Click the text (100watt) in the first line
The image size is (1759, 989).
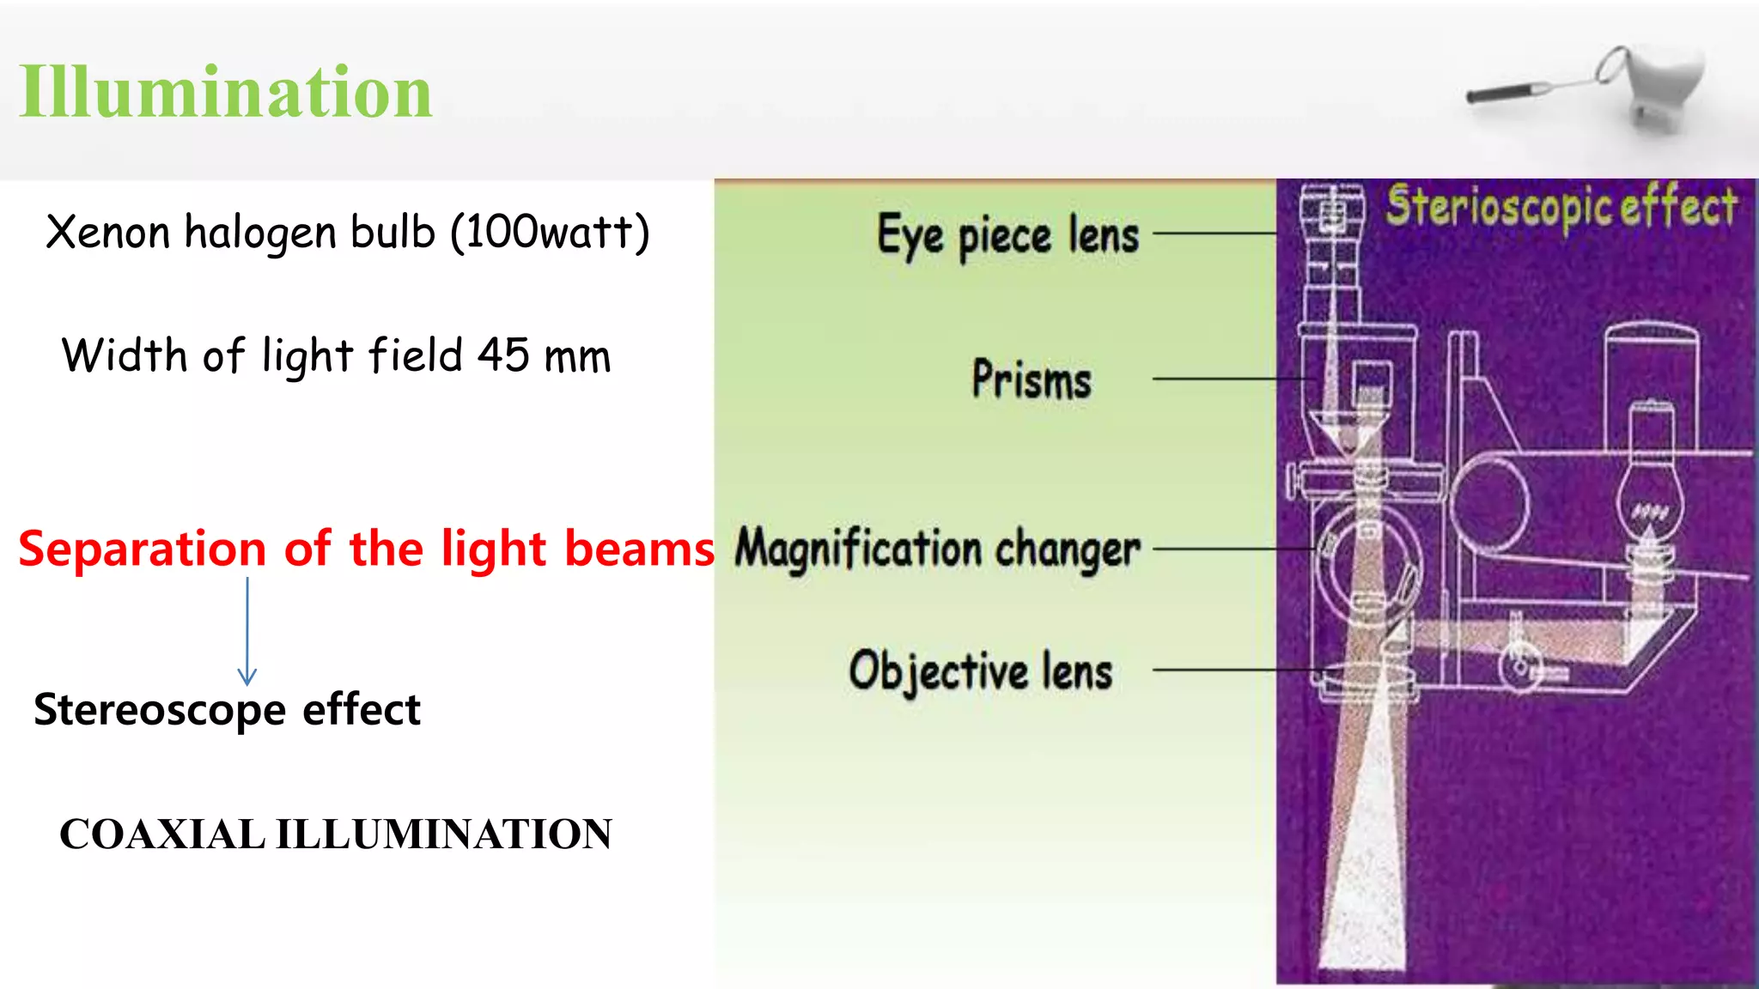[x=550, y=232]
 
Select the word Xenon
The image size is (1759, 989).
[x=107, y=232]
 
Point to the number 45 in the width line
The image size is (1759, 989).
[x=503, y=355]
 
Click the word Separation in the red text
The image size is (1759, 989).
[x=142, y=549]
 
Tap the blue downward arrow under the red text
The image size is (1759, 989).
[x=247, y=631]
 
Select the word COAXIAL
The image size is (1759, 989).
[x=162, y=834]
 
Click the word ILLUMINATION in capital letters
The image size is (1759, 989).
[x=443, y=834]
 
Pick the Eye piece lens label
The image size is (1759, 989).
[x=1007, y=234]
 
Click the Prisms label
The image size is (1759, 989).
[x=1032, y=379]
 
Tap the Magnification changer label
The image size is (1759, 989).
[x=937, y=549]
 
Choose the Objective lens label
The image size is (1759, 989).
[x=981, y=670]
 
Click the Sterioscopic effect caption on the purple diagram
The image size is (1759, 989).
[x=1561, y=207]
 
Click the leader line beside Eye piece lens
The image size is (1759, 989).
[x=1214, y=233]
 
